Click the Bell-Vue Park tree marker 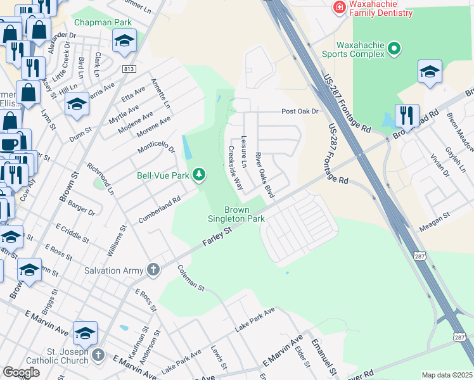200,174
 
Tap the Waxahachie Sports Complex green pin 394,48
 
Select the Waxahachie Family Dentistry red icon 340,7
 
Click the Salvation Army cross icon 153,270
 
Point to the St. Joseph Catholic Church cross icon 98,354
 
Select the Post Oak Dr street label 300,111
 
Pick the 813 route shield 129,69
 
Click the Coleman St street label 191,279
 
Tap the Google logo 21,372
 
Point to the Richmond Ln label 101,180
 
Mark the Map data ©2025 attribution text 447,375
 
